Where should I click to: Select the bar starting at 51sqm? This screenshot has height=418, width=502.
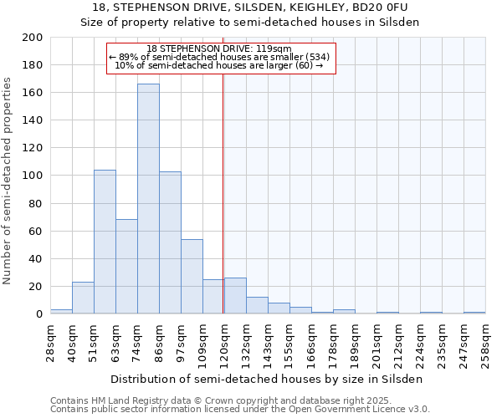[x=105, y=242]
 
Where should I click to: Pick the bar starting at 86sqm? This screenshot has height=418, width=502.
[x=170, y=242]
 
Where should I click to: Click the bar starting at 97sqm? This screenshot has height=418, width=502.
[x=192, y=276]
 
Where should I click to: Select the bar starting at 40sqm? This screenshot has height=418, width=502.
[x=83, y=298]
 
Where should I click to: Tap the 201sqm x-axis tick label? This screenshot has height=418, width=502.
[x=378, y=344]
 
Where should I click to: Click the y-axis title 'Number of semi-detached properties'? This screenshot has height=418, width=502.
[x=8, y=180]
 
